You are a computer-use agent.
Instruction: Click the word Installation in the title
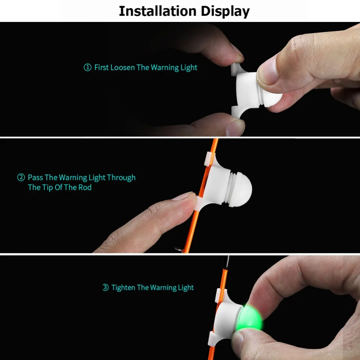pyautogui.click(x=156, y=12)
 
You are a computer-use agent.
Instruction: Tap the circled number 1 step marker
pyautogui.click(x=87, y=68)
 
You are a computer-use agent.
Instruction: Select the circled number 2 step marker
pyautogui.click(x=21, y=177)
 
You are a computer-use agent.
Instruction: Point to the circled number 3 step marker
pyautogui.click(x=105, y=288)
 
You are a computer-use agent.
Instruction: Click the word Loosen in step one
pyautogui.click(x=123, y=67)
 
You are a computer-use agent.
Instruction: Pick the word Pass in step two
pyautogui.click(x=35, y=177)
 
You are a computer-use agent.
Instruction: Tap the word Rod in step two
pyautogui.click(x=85, y=188)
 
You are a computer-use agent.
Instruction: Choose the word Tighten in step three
pyautogui.click(x=123, y=288)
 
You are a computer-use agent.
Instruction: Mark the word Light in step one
pyautogui.click(x=189, y=68)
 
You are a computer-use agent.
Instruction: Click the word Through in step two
pyautogui.click(x=121, y=177)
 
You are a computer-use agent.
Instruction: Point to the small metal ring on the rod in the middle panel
pyautogui.click(x=177, y=248)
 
